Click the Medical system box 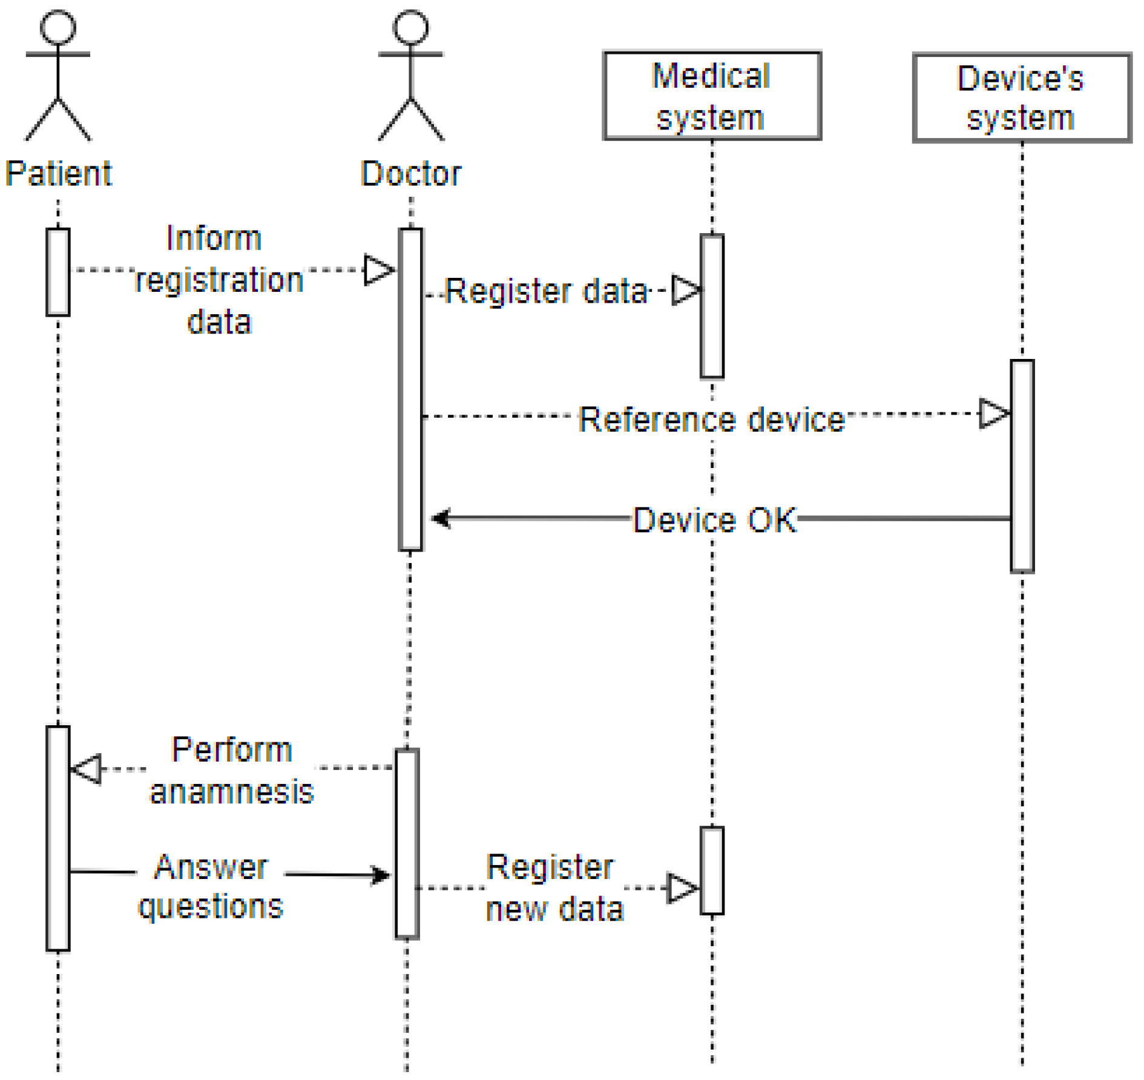click(712, 96)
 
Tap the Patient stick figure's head click(58, 27)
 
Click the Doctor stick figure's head click(411, 27)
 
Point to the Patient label click(58, 174)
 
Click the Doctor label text click(411, 174)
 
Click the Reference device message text click(711, 419)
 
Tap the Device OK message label click(715, 520)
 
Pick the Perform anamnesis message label click(232, 771)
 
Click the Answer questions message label click(211, 886)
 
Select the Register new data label click(554, 888)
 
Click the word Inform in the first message click(214, 238)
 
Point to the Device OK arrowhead click(441, 519)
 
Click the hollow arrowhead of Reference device click(993, 414)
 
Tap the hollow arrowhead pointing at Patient click(87, 769)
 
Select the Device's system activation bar click(1022, 466)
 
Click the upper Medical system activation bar click(712, 306)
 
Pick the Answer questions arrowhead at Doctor click(381, 875)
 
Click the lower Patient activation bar click(58, 838)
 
